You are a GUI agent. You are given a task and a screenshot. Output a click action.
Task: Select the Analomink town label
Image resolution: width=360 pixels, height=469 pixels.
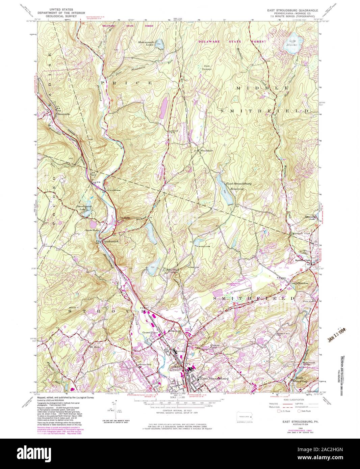click(107, 242)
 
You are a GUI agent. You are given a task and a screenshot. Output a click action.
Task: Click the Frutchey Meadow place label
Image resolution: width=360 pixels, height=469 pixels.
click(299, 283)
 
